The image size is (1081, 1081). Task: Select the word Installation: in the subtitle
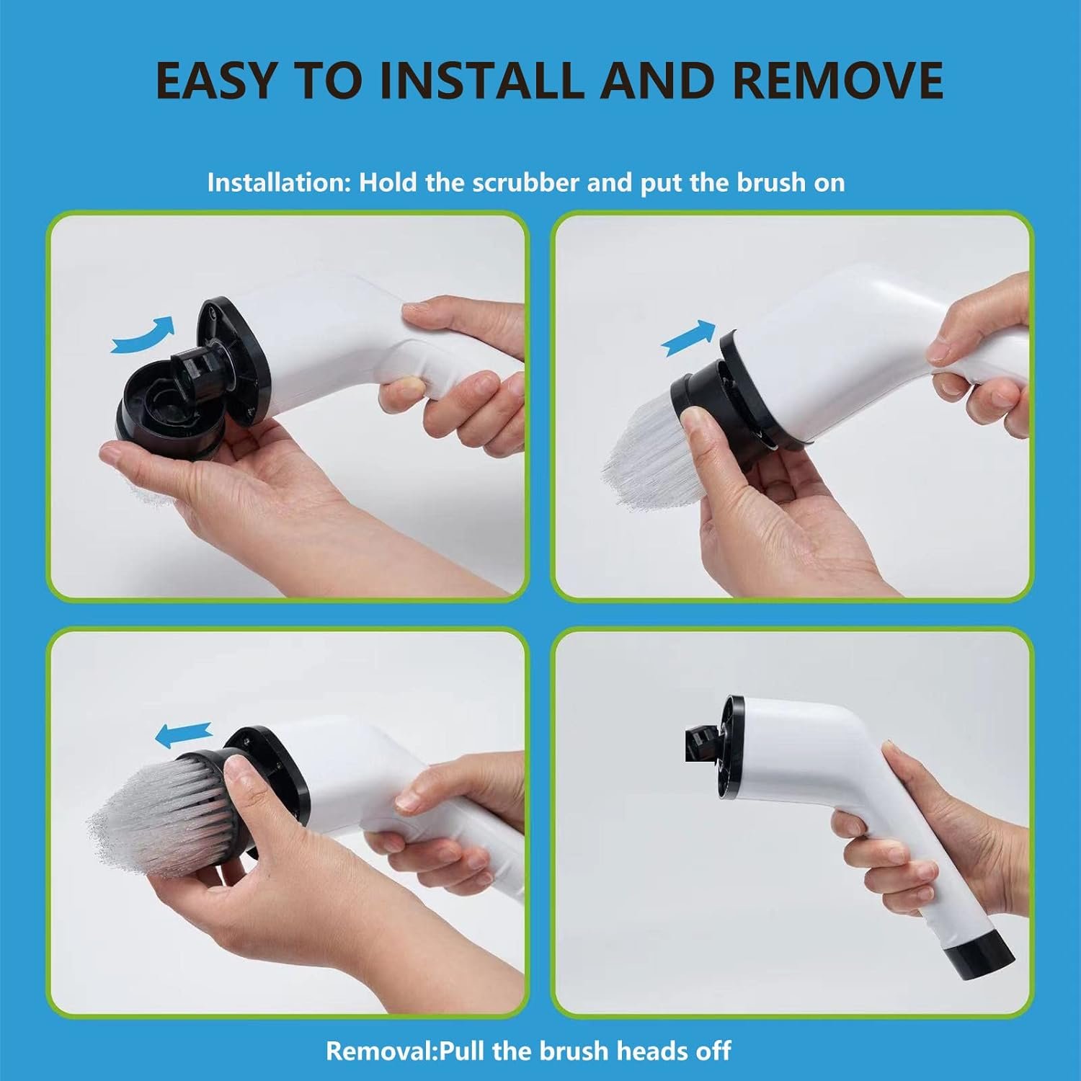point(278,183)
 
